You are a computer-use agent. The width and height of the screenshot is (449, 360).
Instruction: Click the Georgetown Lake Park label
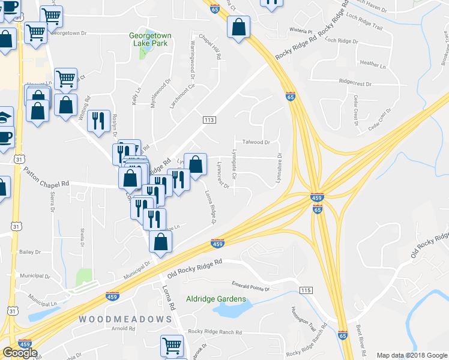(x=150, y=40)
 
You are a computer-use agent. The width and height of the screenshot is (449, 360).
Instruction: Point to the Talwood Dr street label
(x=256, y=142)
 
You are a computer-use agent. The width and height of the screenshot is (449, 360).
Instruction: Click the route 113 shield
(x=209, y=121)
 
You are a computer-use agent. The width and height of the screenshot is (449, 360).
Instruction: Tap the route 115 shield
(x=306, y=290)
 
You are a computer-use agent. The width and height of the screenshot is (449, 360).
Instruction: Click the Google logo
(x=20, y=353)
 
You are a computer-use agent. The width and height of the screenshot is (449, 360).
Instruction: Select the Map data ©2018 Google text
(x=411, y=355)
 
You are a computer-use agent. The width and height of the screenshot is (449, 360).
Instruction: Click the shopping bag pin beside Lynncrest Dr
(x=195, y=164)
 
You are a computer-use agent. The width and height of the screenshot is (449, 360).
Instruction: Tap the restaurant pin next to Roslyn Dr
(x=98, y=121)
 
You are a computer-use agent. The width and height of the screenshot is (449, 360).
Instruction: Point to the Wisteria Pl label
(x=301, y=29)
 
